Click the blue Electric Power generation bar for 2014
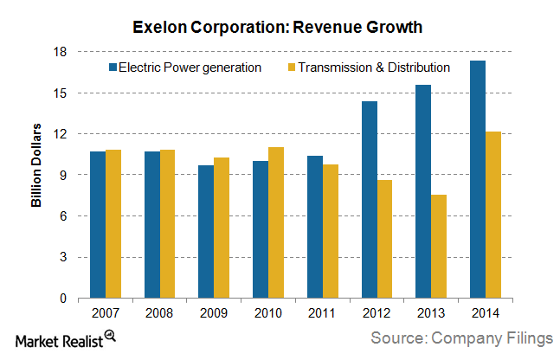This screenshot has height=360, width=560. tap(478, 179)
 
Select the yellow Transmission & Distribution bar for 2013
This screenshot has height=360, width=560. tap(439, 247)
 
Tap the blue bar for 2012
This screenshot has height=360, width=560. tap(370, 200)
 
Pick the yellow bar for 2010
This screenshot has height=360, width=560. tap(277, 222)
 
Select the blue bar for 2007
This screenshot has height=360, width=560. tap(98, 225)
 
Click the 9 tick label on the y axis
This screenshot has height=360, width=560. tap(63, 175)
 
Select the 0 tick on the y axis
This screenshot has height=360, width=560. tap(63, 299)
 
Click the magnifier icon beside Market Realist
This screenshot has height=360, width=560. tap(110, 337)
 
